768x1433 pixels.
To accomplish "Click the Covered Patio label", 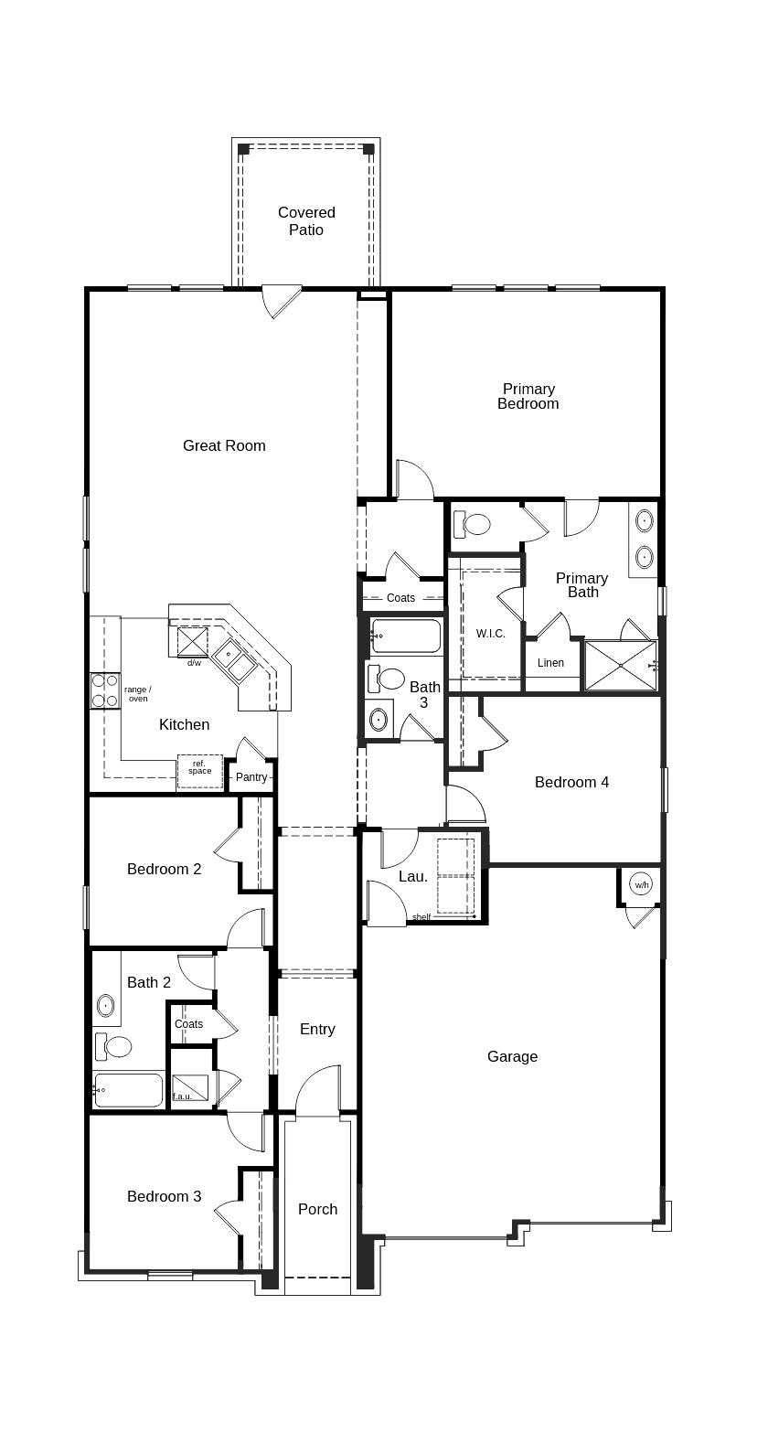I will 306,221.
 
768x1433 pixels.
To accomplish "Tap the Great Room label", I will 224,446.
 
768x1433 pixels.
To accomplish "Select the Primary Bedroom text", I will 528,397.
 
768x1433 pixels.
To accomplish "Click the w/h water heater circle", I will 642,884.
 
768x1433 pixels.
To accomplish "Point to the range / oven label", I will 138,694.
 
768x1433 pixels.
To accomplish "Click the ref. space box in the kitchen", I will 199,771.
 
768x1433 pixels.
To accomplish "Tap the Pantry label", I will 251,777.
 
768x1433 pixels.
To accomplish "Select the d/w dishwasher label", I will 194,663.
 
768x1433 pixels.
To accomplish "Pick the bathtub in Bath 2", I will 129,1090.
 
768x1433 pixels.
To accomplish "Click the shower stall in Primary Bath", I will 619,666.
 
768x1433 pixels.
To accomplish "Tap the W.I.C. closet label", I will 491,634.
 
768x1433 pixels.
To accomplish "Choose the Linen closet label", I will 550,663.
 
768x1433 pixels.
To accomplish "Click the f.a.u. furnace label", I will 183,1096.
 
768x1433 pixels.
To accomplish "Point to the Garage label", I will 512,1057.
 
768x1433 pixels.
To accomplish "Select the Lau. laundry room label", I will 413,877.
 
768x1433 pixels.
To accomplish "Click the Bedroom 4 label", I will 571,783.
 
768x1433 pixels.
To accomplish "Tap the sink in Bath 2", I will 106,1006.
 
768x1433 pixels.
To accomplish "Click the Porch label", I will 317,1210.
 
